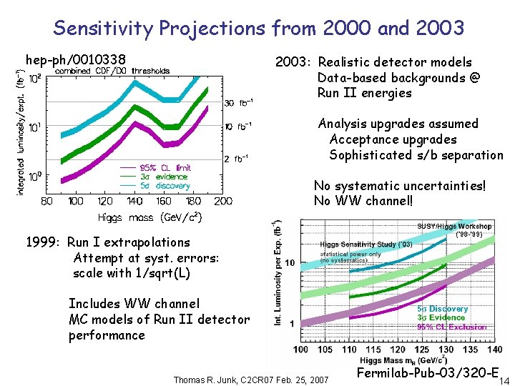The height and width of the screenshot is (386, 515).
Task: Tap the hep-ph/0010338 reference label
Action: coord(75,59)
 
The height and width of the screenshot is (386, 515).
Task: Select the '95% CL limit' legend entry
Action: coord(165,167)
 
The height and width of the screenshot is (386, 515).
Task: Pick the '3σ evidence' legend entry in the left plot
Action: coord(165,177)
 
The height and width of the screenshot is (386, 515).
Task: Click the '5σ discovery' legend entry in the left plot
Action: coord(166,186)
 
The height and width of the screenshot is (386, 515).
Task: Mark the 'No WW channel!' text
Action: coord(363,201)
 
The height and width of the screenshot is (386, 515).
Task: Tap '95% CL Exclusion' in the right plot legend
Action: coord(452,327)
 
